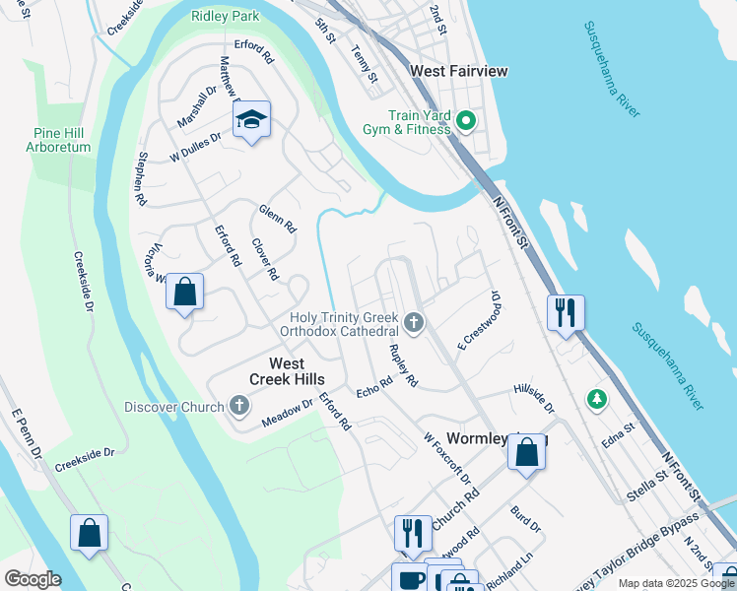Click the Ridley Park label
226,16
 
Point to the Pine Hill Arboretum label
61,140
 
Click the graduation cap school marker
251,120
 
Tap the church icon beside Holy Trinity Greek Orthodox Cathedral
415,323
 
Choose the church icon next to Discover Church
239,406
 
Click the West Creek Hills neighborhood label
284,370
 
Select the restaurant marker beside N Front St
566,312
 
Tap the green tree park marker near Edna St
596,399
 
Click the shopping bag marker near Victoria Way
184,292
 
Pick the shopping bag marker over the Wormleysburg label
527,453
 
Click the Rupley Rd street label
404,364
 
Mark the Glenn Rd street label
278,218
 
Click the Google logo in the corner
33,578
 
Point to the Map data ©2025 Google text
676,583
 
